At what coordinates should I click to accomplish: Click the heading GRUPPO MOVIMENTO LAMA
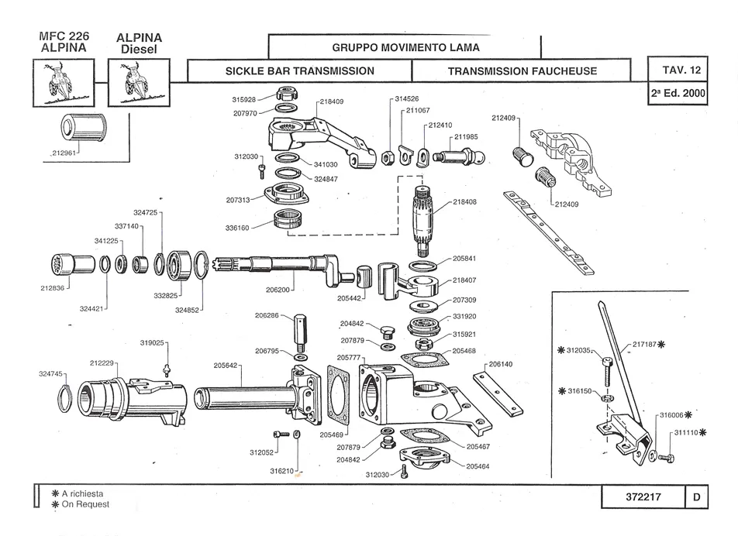pyautogui.click(x=405, y=47)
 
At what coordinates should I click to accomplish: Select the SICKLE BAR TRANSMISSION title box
pyautogui.click(x=300, y=71)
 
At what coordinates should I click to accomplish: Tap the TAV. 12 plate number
pyautogui.click(x=681, y=70)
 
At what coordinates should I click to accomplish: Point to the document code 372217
pyautogui.click(x=643, y=497)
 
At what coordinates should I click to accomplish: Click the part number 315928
pyautogui.click(x=243, y=100)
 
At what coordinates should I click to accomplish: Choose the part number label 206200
pyautogui.click(x=278, y=290)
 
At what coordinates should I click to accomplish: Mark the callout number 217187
pyautogui.click(x=644, y=344)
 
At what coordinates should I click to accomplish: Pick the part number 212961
pyautogui.click(x=64, y=153)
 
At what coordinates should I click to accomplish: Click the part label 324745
pyautogui.click(x=50, y=374)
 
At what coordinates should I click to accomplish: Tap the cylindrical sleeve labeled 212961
pyautogui.click(x=84, y=128)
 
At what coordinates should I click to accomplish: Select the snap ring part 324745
pyautogui.click(x=64, y=399)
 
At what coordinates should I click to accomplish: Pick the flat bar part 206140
pyautogui.click(x=498, y=394)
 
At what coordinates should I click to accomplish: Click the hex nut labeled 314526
pyautogui.click(x=388, y=157)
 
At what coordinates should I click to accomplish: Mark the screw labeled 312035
pyautogui.click(x=606, y=373)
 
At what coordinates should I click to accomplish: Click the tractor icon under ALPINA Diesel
pyautogui.click(x=139, y=83)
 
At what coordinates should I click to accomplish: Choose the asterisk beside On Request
pyautogui.click(x=55, y=504)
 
